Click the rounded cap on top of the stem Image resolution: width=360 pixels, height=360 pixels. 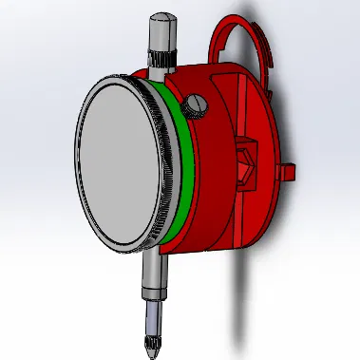(x=159, y=20)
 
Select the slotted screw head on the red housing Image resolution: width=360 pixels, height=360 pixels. (x=198, y=103)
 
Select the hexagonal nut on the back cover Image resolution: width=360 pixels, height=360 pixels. (x=246, y=161)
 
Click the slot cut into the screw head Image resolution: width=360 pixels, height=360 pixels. (x=198, y=103)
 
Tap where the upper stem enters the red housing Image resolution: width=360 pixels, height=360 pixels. (x=159, y=71)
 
